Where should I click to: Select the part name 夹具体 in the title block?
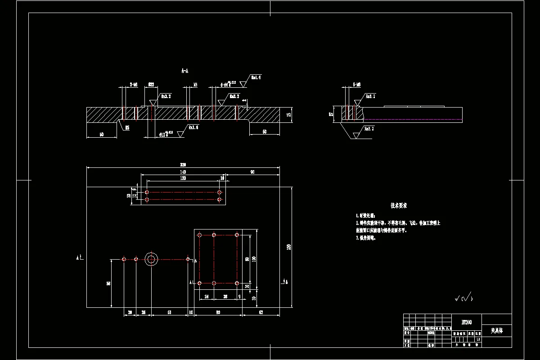coord(496,330)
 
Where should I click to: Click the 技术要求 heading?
coord(399,206)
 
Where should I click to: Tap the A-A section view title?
coord(185,71)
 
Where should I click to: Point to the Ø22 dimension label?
coord(151,85)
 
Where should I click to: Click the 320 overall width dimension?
coord(183,165)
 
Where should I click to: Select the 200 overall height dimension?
coord(289,246)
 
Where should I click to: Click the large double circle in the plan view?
coord(151,259)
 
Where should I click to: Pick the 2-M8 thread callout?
coord(133,85)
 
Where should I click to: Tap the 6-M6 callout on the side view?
coord(357,85)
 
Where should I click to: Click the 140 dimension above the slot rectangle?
coord(183,172)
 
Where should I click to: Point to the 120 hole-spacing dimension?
coord(183,178)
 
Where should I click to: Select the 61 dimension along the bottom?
coord(169,312)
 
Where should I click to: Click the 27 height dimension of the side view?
coord(331,114)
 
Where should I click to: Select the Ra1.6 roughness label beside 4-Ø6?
coord(256,77)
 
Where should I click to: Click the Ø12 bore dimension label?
coord(162,134)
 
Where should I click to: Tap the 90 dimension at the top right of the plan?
coord(252,172)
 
